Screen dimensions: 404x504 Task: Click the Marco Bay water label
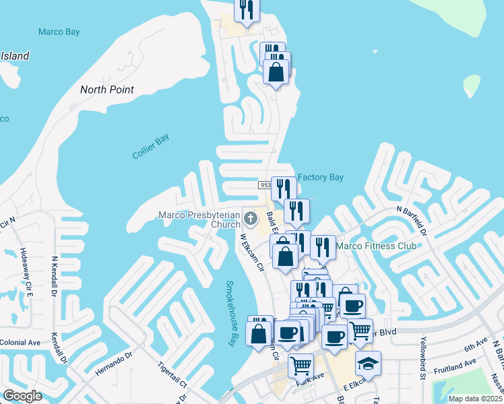[59, 32]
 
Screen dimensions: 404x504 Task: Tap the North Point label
[107, 90]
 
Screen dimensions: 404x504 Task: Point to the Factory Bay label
[321, 178]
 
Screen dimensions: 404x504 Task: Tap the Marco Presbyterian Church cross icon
[251, 217]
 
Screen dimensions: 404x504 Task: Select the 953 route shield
[265, 184]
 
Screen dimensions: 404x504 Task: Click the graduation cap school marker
[368, 363]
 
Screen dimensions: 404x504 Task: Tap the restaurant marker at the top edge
[246, 10]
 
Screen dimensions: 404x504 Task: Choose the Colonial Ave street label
[20, 342]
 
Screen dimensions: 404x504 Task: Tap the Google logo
[22, 395]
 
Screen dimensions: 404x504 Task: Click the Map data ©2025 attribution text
[474, 399]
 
